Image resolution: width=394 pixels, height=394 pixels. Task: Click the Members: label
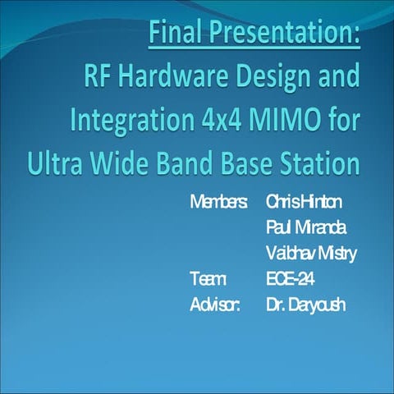click(x=218, y=200)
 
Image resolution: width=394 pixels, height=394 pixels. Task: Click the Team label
click(x=205, y=279)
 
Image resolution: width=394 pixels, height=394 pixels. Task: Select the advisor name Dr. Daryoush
click(x=306, y=305)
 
